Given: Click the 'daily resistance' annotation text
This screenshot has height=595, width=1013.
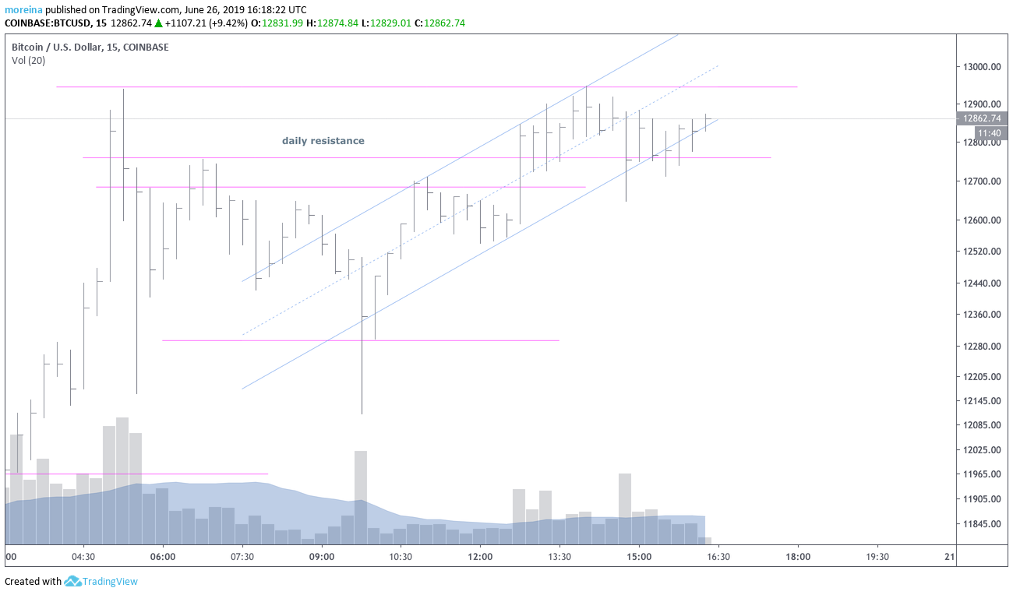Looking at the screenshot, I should coord(323,141).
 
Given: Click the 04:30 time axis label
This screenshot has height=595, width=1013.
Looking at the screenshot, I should coord(83,557).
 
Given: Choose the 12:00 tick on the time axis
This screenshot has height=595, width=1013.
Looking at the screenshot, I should coord(480,557).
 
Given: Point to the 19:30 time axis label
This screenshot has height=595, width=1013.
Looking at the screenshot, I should coord(877,557).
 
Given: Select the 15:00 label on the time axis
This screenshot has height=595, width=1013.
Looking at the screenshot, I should coord(639,557).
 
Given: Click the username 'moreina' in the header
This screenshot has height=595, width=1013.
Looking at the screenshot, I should coord(23,10).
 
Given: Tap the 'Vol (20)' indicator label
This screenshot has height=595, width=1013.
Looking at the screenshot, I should coord(27,61).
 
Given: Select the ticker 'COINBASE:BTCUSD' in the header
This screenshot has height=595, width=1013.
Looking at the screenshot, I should coord(48,23).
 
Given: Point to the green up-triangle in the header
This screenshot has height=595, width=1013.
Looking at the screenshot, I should coord(158,23).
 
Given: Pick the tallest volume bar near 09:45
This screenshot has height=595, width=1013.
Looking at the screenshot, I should coord(360,497).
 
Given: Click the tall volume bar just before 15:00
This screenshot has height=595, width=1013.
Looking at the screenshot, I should coord(625,508).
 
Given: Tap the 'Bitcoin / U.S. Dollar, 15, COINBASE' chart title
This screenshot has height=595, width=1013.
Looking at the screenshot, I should coord(90,47).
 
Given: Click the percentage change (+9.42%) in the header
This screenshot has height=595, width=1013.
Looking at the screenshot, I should coord(227,23).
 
